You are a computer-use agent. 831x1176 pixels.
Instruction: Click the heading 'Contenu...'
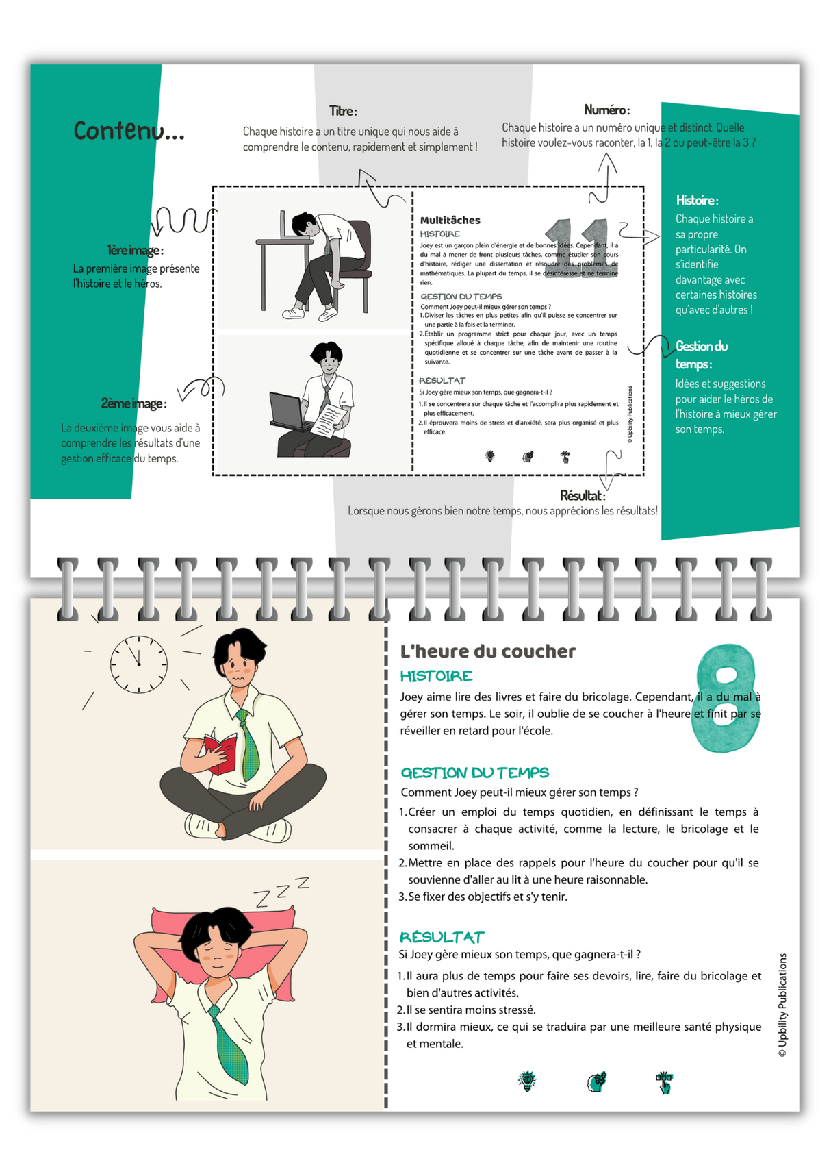129,130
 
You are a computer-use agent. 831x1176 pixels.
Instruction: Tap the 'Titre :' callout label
342,111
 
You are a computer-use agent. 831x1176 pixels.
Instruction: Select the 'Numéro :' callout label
606,110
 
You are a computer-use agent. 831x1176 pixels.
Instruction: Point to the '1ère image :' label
135,250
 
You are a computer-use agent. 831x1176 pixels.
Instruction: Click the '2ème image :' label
133,403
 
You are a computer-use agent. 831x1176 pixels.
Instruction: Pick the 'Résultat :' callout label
582,495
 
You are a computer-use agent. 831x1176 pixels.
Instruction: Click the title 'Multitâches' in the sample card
450,220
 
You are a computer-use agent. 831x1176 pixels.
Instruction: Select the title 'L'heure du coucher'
487,651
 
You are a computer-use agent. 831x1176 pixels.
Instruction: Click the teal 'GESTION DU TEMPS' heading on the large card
474,773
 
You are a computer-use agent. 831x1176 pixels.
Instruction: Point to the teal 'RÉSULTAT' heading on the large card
442,937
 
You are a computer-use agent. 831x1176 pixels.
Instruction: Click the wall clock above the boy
139,664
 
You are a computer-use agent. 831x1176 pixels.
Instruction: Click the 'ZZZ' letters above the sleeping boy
281,890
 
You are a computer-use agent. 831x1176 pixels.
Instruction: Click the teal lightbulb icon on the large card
527,1081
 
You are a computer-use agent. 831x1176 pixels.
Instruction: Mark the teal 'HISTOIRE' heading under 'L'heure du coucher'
436,676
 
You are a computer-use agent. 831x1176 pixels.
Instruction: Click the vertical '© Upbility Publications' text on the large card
782,1005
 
